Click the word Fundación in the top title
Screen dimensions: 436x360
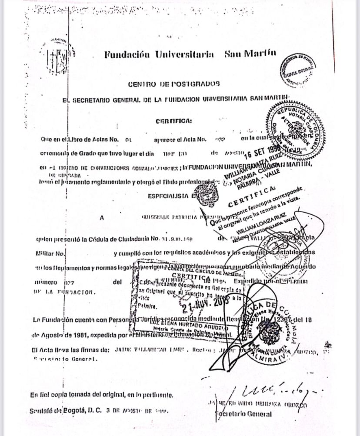pos(127,55)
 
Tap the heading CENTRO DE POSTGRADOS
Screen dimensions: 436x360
pos(173,83)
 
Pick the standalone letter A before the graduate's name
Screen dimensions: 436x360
pos(102,218)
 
